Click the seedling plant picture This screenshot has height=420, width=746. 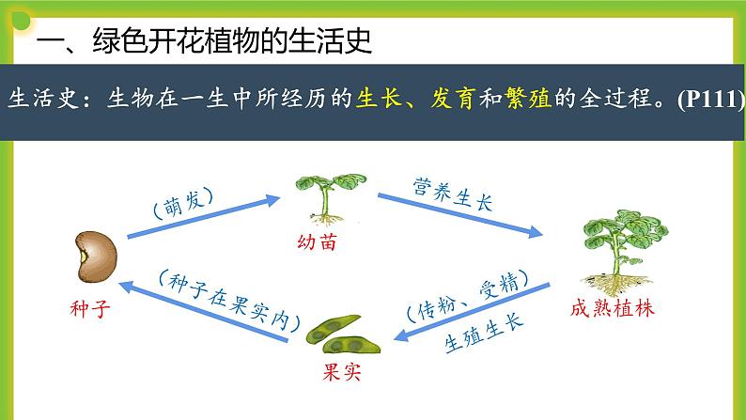click(x=325, y=196)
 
